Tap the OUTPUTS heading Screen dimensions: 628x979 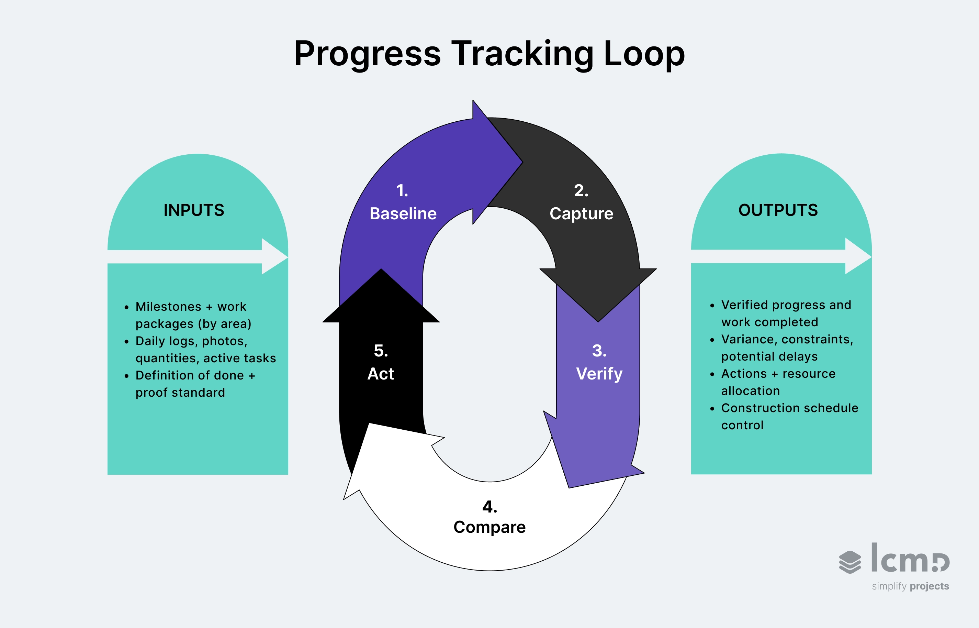(778, 210)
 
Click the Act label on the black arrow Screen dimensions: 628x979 (381, 374)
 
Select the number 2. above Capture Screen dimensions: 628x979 (581, 190)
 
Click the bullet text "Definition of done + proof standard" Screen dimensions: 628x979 (195, 384)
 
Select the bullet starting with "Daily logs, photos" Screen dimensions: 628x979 (205, 350)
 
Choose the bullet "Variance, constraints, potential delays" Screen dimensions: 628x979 (787, 348)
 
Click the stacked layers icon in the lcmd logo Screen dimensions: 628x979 (850, 562)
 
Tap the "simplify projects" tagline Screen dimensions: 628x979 (910, 586)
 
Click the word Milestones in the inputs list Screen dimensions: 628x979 (168, 306)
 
